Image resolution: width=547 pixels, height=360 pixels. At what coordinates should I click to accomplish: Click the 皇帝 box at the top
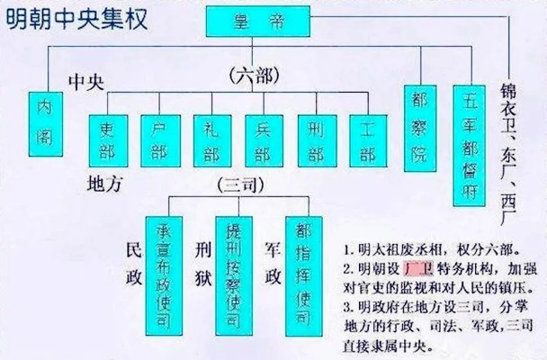coord(258,22)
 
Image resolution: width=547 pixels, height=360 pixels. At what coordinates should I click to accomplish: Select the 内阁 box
coord(46,124)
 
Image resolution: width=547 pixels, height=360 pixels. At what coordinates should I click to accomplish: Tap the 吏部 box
coord(109,141)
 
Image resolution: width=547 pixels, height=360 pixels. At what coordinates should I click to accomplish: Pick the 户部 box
coord(161,141)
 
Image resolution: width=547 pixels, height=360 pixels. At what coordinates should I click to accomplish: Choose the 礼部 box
coord(212,141)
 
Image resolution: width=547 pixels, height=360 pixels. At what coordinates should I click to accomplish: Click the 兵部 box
coord(265,141)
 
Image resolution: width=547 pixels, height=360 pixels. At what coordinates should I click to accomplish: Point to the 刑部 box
coord(317,141)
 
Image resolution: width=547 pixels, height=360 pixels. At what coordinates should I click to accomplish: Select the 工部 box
coord(368,141)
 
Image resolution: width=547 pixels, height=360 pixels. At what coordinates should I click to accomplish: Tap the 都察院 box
coord(420,129)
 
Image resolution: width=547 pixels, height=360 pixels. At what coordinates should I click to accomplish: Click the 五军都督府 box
coord(470,146)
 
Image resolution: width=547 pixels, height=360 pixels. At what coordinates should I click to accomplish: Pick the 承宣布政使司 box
coord(164,276)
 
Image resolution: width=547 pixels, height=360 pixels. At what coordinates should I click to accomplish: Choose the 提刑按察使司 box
coord(234,276)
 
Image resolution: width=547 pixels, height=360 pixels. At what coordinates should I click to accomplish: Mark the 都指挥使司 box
coord(304,276)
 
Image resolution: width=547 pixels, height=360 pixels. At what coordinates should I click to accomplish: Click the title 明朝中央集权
coord(76,19)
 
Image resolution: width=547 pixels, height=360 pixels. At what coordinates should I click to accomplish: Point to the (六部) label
coord(255,76)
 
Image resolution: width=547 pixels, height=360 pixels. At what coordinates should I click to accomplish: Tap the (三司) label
coord(240,184)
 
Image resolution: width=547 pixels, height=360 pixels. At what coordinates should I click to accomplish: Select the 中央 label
coord(86,82)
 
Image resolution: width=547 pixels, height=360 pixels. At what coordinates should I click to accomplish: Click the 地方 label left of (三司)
coord(104,184)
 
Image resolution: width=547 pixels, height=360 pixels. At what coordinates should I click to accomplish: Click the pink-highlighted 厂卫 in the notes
coord(418,268)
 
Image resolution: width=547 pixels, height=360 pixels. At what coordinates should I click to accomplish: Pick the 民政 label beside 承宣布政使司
coord(134,263)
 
